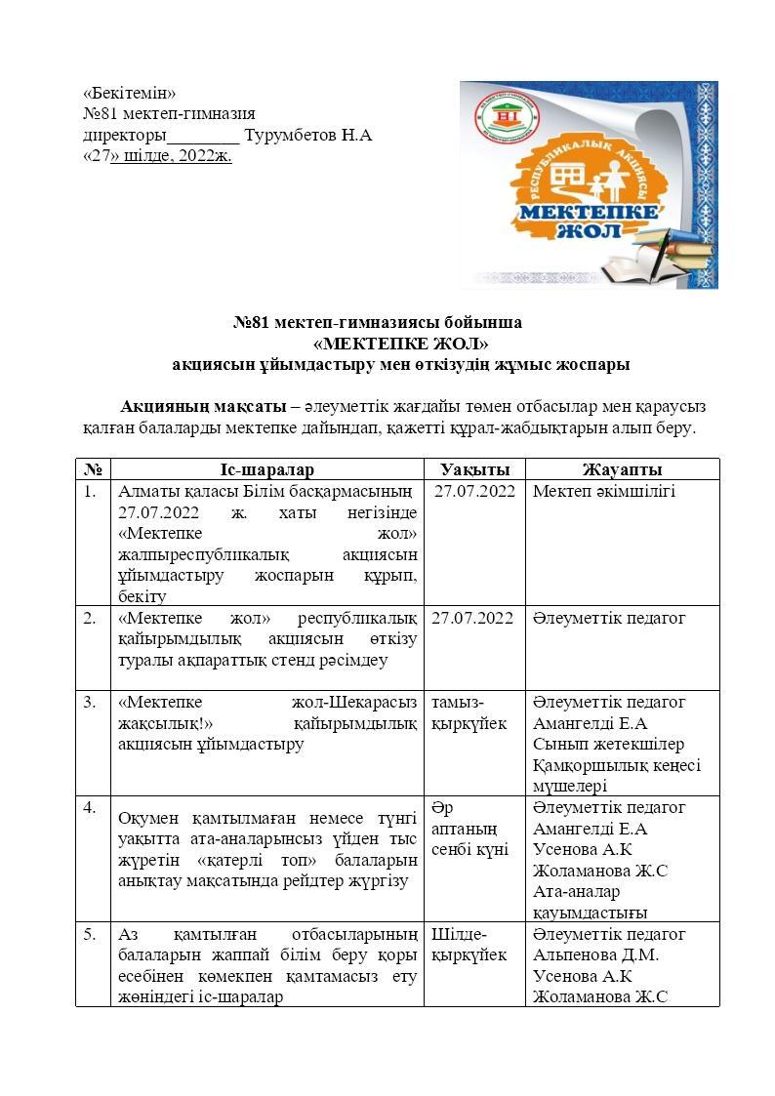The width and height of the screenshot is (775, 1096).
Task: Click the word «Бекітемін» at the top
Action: click(x=130, y=94)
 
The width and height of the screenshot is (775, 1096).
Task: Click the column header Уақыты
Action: click(x=474, y=469)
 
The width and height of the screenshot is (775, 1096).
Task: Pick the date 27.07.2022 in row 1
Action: click(x=474, y=491)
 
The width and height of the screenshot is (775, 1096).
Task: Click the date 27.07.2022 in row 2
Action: click(x=471, y=618)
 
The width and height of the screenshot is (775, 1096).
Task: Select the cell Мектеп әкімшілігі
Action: click(x=604, y=491)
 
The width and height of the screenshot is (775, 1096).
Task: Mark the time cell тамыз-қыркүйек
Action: click(x=469, y=712)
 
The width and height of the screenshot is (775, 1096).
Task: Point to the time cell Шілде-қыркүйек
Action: click(x=469, y=944)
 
